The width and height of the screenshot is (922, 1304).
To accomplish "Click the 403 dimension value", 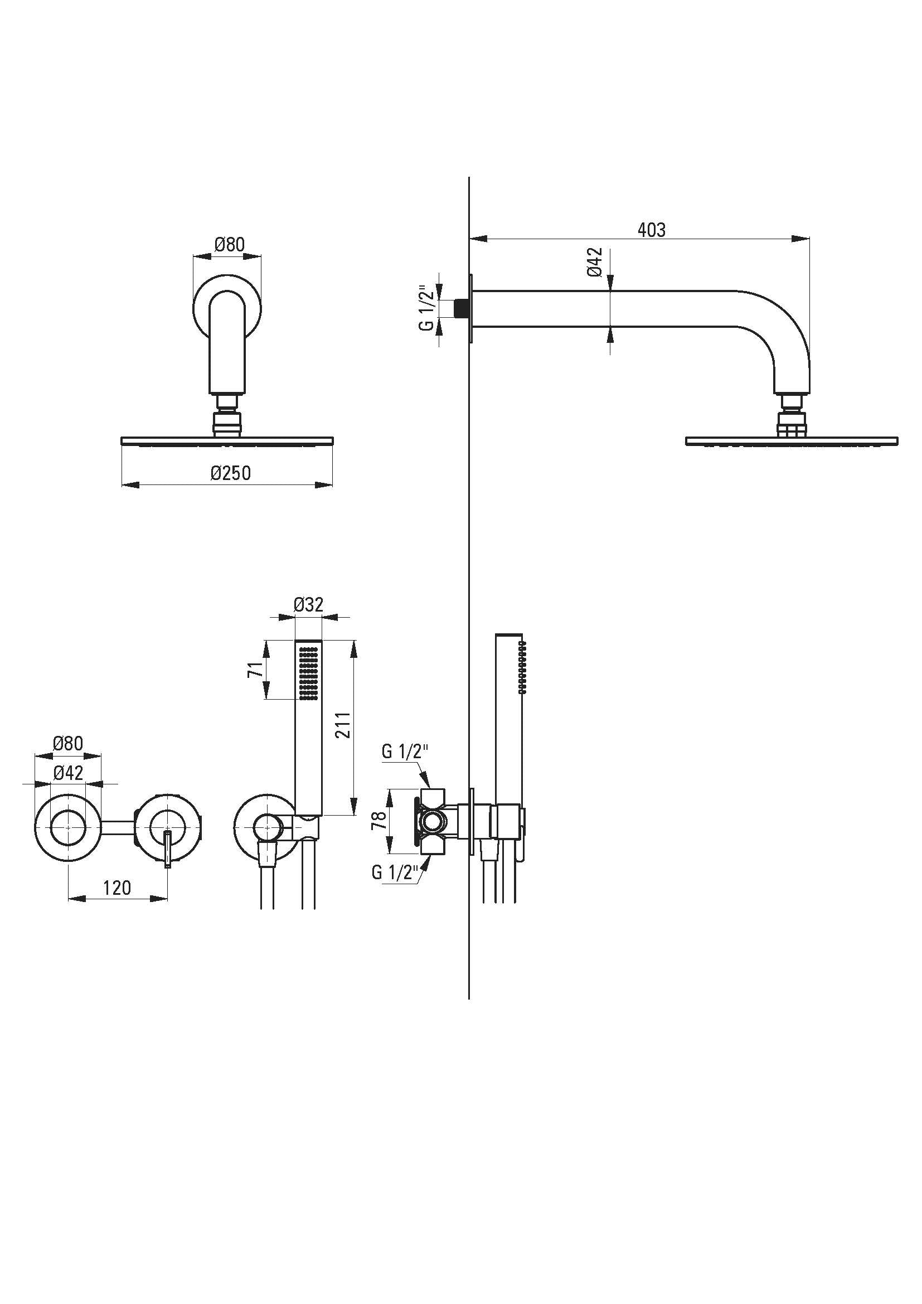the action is point(651,230).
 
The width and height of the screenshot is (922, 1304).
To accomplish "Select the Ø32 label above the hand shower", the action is point(308,604).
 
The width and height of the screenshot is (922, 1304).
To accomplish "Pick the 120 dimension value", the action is point(117,887).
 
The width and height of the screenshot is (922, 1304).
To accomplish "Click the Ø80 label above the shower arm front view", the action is point(229,245).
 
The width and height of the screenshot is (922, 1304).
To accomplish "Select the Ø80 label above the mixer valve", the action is point(68,743).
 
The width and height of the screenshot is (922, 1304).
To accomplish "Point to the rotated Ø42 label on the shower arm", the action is point(594,262).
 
